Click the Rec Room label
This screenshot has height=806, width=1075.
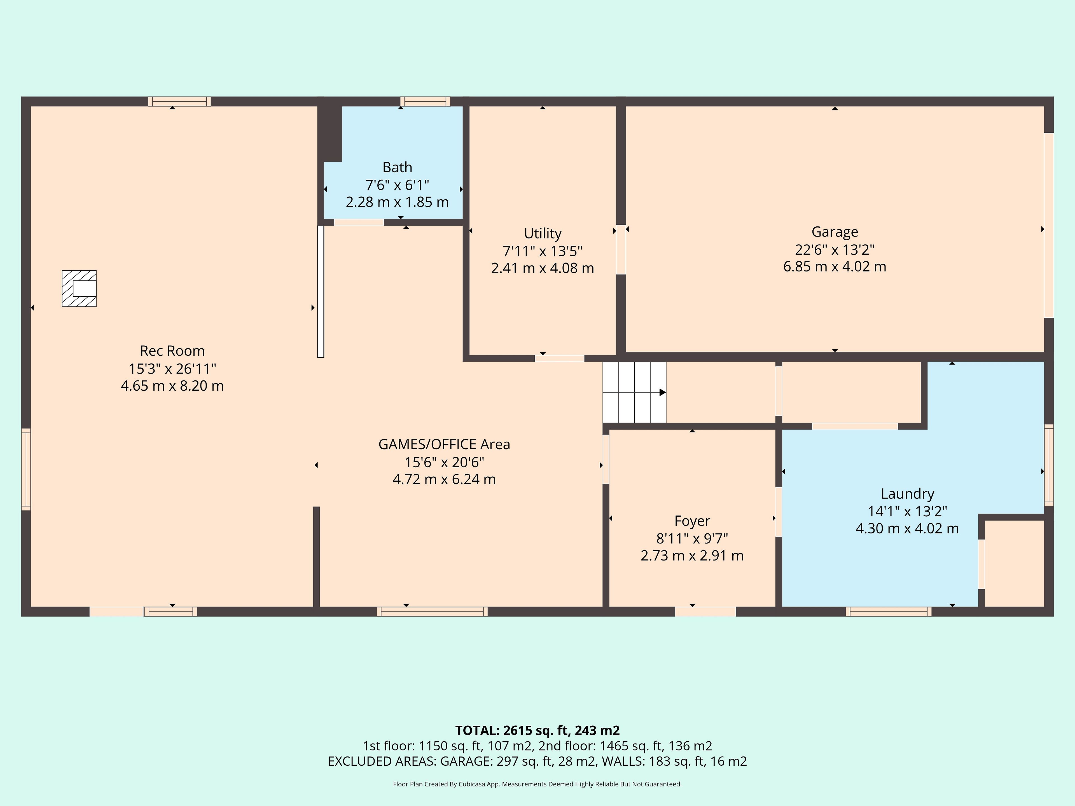pos(172,351)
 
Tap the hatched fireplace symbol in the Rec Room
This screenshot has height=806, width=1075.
pos(79,289)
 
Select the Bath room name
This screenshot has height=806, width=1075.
pos(397,167)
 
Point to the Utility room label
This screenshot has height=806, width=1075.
pos(542,234)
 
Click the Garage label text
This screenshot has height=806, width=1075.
pos(835,232)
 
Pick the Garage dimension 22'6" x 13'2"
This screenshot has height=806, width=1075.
pos(835,249)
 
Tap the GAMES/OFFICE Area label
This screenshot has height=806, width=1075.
pos(444,444)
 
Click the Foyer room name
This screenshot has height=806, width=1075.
pos(692,521)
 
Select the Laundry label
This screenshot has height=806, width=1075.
pos(907,494)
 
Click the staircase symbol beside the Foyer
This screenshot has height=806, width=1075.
pos(634,392)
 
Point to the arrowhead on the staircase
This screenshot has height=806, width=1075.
pos(662,392)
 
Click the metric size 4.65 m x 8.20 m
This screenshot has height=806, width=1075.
pos(172,386)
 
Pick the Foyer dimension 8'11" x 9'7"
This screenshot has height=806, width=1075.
pos(692,538)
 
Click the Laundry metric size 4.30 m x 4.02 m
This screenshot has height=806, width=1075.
pos(907,528)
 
